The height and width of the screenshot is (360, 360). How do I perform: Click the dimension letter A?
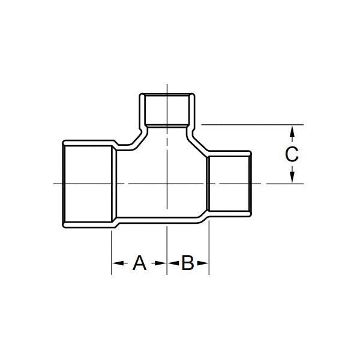coord(139,263)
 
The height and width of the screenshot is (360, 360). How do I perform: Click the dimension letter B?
coord(188,263)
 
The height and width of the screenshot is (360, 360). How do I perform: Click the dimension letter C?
coord(292,154)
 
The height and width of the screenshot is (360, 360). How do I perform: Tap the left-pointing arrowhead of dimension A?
coord(118,263)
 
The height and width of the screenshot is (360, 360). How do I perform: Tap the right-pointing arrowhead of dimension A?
coord(160,263)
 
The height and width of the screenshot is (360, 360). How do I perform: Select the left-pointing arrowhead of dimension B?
coord(173,263)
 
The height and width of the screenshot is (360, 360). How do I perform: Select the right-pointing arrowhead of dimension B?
coord(203,263)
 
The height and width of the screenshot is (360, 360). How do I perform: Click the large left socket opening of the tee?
coord(88,184)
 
